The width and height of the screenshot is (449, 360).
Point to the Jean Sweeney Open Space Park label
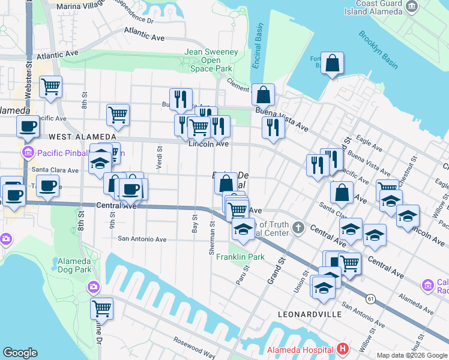pos(211,61)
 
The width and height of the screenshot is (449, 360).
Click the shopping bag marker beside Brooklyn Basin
pos(332,64)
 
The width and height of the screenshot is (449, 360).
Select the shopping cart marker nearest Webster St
pos(51,86)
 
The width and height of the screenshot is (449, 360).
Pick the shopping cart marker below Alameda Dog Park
pos(101,308)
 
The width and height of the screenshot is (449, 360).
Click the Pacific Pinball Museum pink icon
pos(27,153)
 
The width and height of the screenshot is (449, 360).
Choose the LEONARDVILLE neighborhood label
pos(310,314)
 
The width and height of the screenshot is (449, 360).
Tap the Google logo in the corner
pos(20,353)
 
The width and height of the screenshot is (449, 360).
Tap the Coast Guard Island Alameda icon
pos(411,7)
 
